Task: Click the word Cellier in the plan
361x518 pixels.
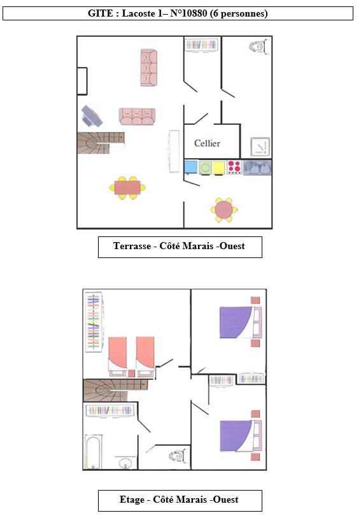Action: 207,143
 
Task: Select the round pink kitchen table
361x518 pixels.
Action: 224,210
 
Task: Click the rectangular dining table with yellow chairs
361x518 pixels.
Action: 127,188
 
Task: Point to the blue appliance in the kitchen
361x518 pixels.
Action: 191,167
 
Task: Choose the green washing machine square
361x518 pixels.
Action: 205,168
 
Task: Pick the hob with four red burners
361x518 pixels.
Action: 234,166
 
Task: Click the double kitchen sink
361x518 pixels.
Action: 257,167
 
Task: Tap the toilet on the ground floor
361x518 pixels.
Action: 257,47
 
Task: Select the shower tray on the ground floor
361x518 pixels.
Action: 260,147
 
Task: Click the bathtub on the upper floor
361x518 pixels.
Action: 94,452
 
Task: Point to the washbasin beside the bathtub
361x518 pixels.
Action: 125,463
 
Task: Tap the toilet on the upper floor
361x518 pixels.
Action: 176,456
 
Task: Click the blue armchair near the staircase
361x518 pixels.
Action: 92,116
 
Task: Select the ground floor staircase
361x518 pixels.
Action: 101,143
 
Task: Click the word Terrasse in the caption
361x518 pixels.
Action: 132,246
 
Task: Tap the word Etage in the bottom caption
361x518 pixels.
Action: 132,500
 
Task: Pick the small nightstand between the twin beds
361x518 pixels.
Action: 131,373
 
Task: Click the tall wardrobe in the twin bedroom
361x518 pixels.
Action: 94,322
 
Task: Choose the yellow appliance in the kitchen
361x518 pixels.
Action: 219,168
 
